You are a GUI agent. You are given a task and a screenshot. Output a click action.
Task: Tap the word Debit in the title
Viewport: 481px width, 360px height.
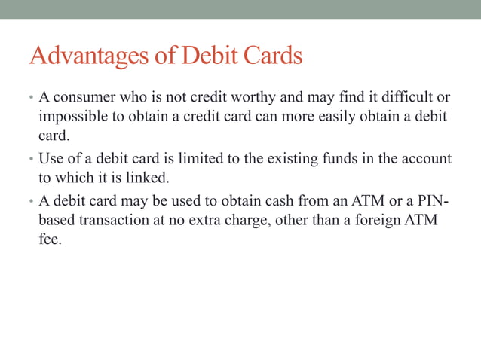[204, 56]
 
